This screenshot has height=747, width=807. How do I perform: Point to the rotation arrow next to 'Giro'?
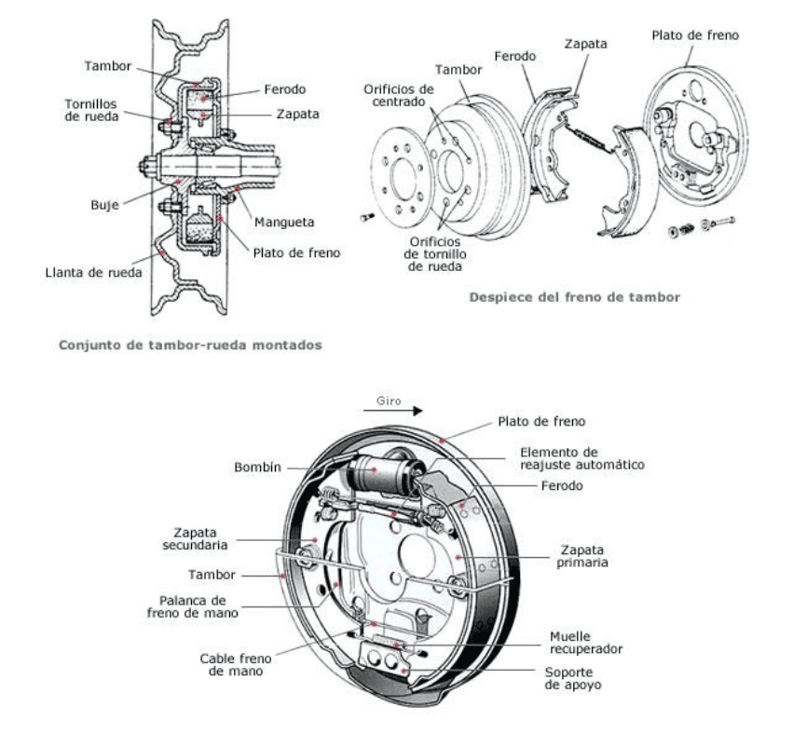pos(403,409)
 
